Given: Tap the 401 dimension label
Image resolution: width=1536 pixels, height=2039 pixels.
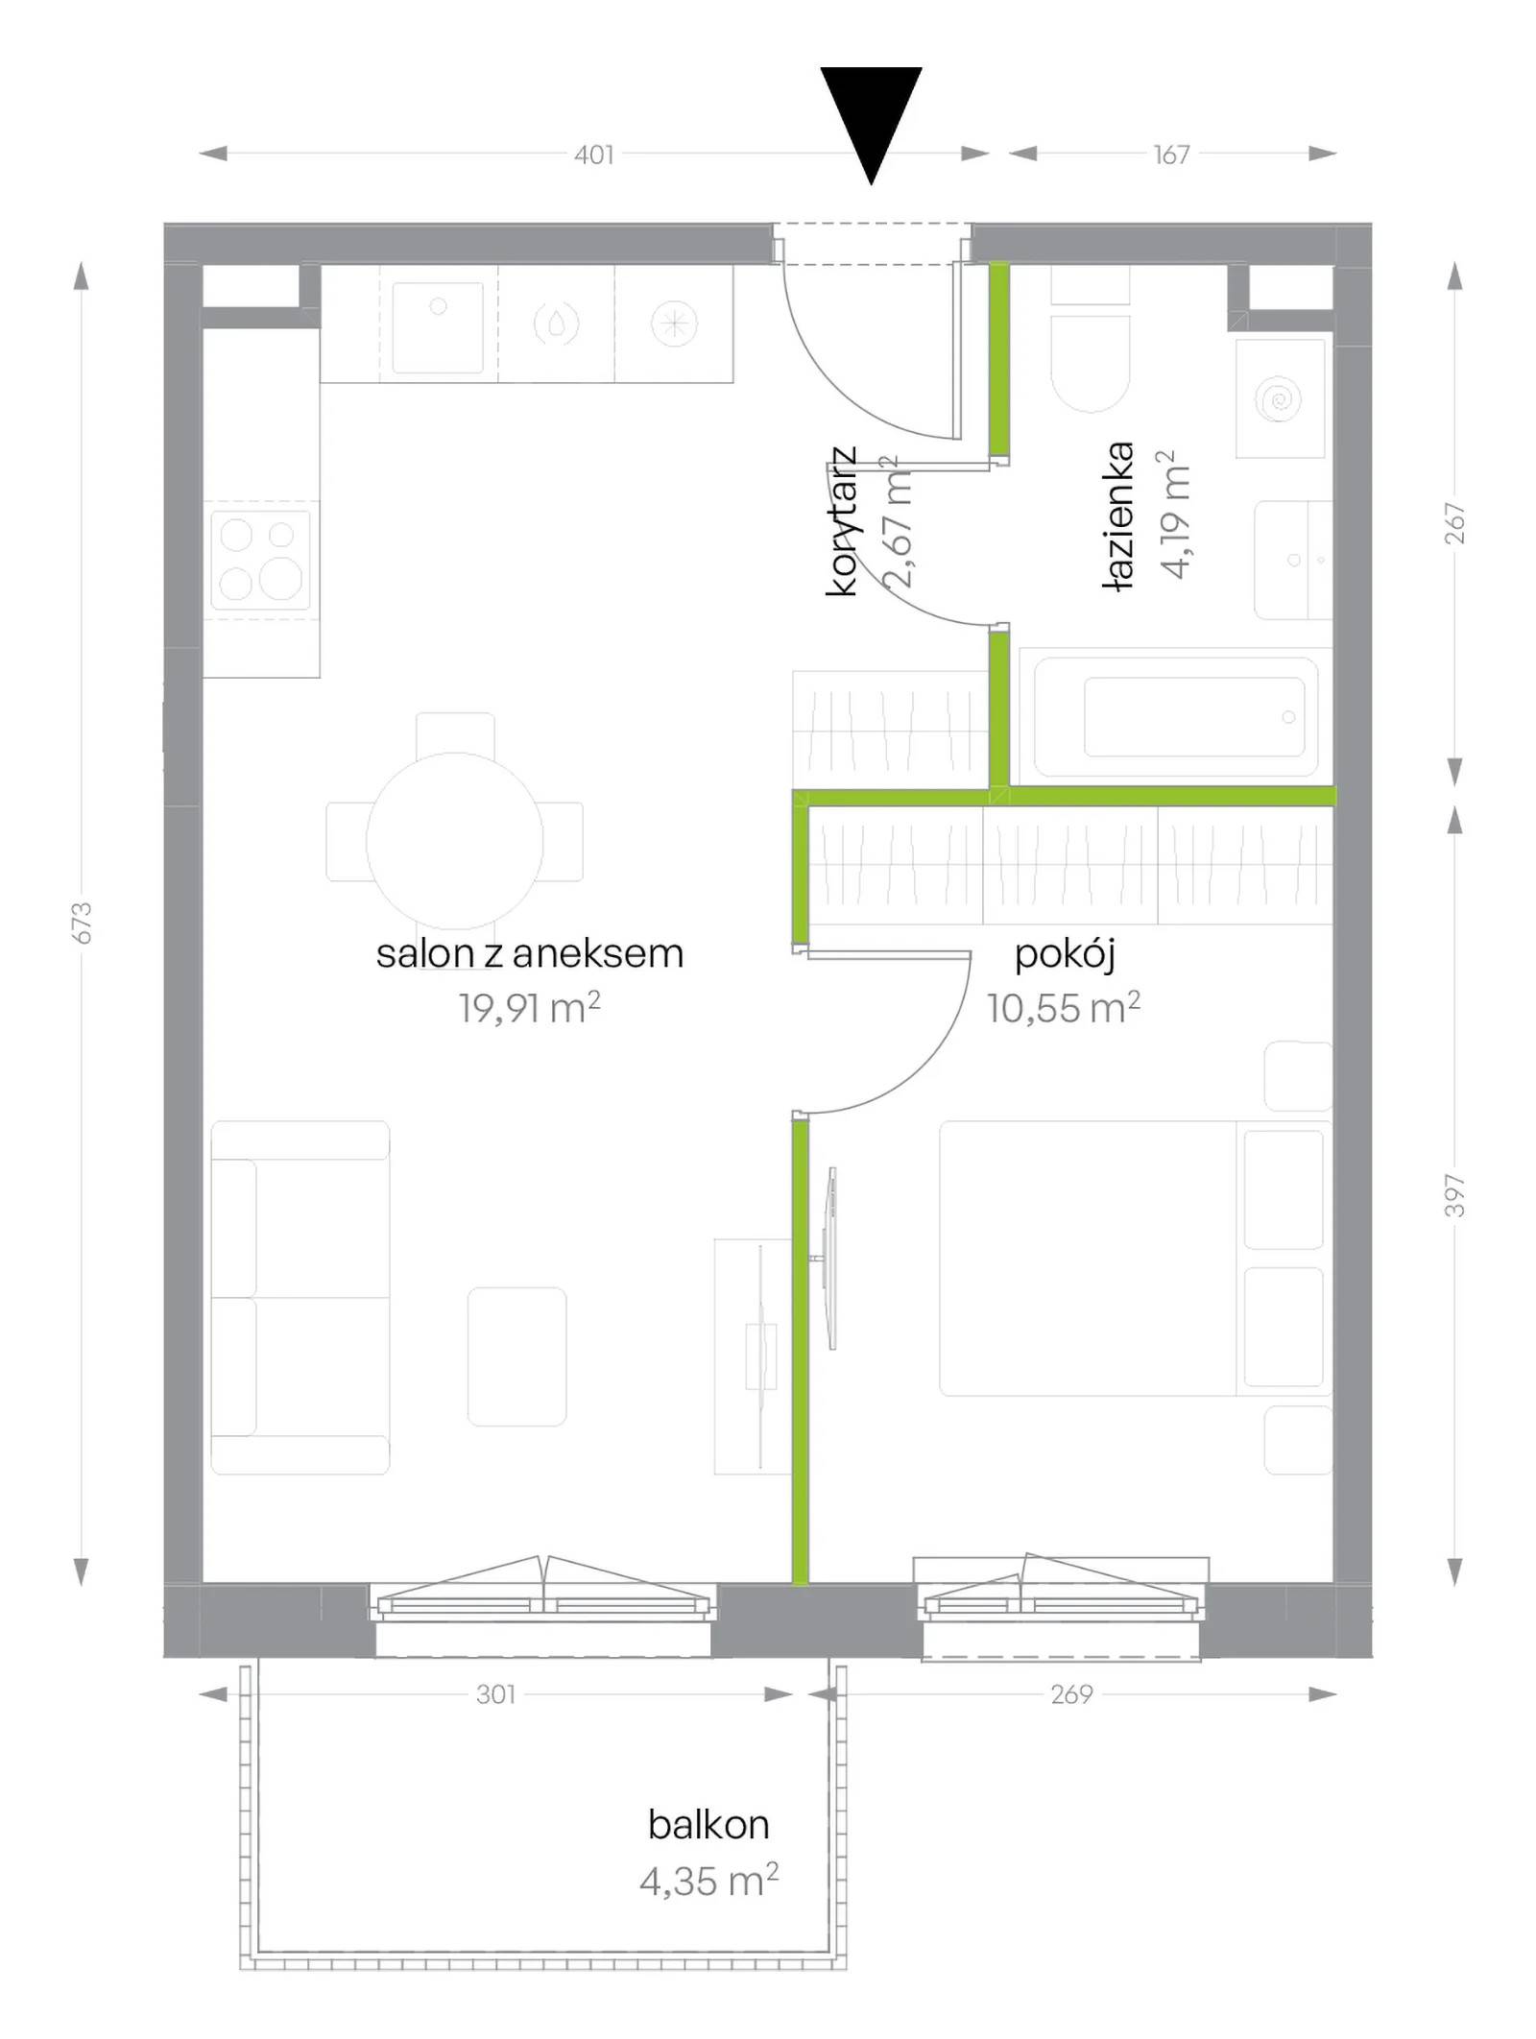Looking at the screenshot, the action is [x=594, y=155].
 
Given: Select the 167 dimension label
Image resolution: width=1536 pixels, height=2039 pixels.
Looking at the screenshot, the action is [x=1171, y=155].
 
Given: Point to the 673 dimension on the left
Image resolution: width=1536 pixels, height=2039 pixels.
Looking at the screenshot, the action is [x=83, y=923].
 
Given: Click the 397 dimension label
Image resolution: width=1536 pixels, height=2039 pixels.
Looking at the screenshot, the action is [x=1455, y=1195].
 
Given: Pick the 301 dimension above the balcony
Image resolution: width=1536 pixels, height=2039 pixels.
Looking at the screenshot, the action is [x=496, y=1694].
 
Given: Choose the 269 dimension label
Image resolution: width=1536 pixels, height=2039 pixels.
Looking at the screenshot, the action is [x=1071, y=1694].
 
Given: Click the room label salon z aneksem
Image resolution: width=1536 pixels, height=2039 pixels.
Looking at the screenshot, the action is [x=530, y=953].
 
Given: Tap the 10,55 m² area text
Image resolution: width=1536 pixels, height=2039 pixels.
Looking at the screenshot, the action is [x=1064, y=1008].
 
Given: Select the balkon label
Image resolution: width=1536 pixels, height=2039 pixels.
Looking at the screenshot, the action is [x=708, y=1824].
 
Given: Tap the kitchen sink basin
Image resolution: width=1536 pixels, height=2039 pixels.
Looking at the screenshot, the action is [x=438, y=327].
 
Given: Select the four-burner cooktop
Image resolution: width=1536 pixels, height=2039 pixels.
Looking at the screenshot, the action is [x=261, y=560].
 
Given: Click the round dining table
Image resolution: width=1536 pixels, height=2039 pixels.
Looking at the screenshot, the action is [x=455, y=841].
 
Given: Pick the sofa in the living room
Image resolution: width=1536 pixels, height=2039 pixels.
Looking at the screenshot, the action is [x=300, y=1297].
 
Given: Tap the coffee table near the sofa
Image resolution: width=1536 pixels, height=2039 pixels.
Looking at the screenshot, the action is [x=517, y=1356].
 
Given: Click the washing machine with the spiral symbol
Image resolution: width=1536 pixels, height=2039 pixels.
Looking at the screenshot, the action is [x=1281, y=398].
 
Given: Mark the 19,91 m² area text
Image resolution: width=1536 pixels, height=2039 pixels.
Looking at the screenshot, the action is [x=530, y=1008].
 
